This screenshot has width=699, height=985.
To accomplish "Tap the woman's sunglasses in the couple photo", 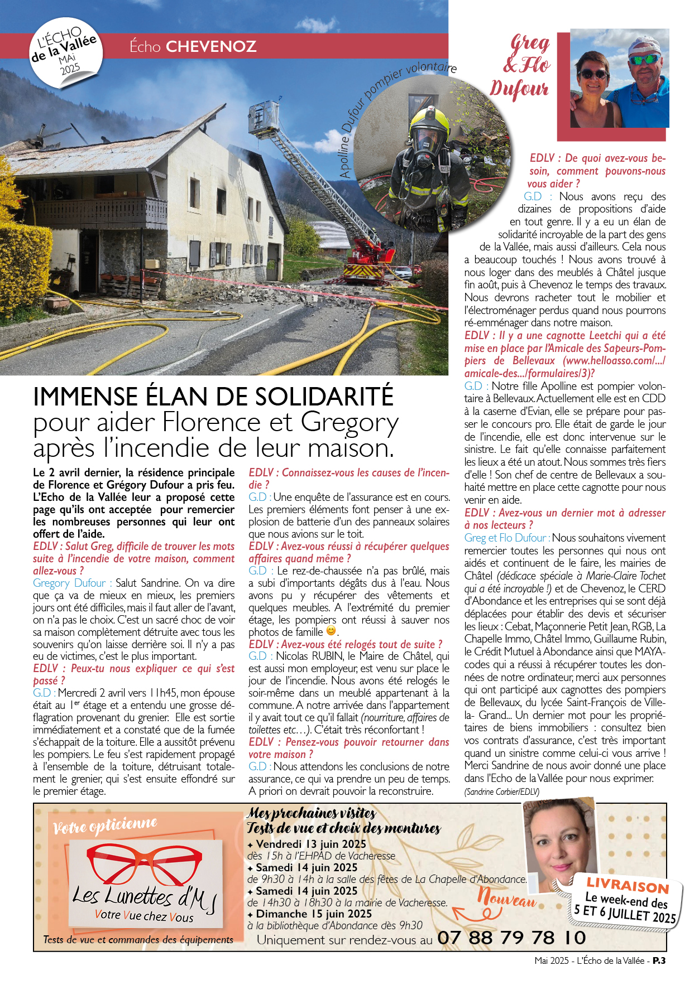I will click(x=593, y=74).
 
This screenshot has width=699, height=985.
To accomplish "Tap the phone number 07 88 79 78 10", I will click(x=511, y=938).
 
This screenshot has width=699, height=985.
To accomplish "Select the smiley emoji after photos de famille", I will click(x=331, y=631).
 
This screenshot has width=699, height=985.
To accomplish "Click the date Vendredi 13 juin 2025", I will click(x=310, y=844).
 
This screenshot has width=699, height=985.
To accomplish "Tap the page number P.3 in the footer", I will click(x=659, y=960).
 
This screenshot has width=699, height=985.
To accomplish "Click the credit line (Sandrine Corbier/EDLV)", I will click(x=502, y=791).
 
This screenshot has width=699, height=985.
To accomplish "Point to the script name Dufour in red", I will click(x=519, y=89).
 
